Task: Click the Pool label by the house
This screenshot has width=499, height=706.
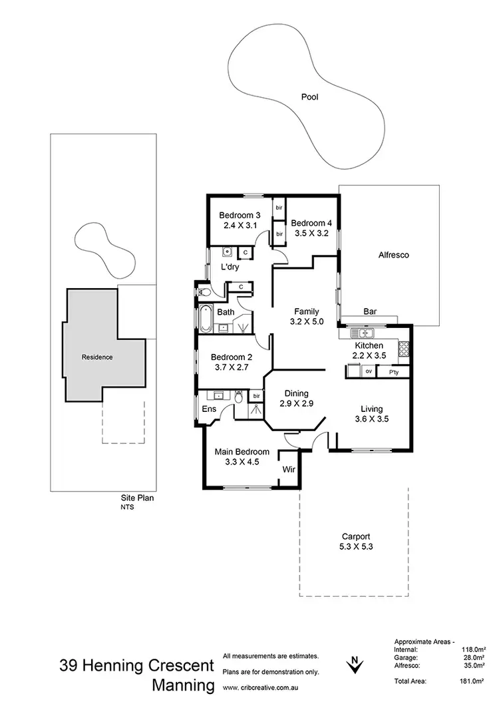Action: point(309,97)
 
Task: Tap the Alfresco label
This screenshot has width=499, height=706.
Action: point(393,255)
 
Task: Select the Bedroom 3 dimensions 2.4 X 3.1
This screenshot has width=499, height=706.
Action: point(240,226)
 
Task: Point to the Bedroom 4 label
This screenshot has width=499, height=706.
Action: point(311,223)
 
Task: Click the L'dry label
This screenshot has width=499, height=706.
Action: point(230,268)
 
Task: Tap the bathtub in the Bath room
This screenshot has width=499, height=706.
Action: point(206,319)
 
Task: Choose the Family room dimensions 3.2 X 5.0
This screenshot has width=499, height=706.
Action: point(306,321)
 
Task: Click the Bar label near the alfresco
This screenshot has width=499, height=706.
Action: point(371,311)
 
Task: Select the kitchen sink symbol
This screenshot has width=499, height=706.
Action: point(364,333)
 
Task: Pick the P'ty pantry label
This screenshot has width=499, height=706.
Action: point(394,372)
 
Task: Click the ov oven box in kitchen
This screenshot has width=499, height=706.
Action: point(368,372)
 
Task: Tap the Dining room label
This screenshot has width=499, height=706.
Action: point(296,393)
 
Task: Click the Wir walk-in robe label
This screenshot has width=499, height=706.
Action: point(288,468)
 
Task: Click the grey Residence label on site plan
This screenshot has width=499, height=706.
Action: point(97,357)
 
